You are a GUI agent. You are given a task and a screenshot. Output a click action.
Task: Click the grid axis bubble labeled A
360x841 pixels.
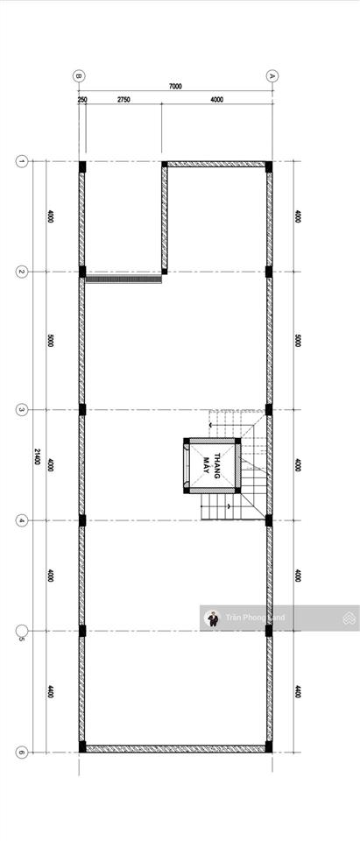pos(272,76)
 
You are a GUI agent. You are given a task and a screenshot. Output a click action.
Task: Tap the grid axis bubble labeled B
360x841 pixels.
pos(79,76)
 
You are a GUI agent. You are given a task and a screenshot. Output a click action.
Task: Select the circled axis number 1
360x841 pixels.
pos(22,161)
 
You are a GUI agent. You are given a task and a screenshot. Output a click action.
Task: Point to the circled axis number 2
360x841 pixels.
pos(22,272)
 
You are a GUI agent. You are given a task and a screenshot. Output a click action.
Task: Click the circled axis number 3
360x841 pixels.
pos(22,409)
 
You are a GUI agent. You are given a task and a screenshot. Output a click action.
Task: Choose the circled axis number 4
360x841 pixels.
pos(22,520)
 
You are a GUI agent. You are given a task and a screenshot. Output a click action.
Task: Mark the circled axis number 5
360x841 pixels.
pos(22,631)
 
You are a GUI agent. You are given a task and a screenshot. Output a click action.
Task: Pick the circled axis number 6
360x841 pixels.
pos(22,752)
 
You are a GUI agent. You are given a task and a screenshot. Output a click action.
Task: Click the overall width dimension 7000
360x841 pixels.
pos(175,87)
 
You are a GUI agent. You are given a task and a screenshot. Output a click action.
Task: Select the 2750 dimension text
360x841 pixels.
pos(124,100)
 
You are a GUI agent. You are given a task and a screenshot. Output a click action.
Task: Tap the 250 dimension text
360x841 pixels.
pos(82,100)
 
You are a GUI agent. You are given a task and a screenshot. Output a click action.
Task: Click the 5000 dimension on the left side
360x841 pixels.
pos(51,341)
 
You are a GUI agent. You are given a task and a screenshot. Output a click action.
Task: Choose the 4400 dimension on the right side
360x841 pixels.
pos(298,691)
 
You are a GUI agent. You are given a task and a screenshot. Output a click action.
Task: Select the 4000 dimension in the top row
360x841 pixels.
pos(216,100)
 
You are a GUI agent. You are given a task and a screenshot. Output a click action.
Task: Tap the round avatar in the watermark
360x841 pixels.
pos(212,618)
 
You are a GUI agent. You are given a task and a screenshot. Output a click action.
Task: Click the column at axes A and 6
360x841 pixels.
pos(269,747)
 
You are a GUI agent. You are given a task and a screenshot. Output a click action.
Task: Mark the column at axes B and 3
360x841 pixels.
pos(82,409)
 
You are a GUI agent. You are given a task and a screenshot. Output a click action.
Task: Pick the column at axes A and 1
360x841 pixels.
pos(269,166)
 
